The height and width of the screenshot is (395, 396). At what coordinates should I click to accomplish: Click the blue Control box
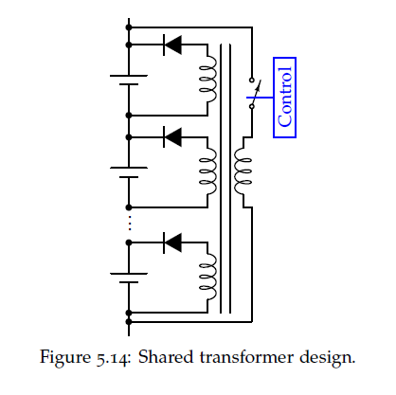tap(284, 98)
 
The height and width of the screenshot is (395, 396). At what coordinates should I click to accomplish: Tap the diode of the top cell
tap(172, 45)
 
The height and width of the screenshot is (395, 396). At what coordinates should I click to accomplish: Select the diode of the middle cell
tap(172, 137)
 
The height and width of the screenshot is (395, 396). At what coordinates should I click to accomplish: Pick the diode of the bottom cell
tap(172, 242)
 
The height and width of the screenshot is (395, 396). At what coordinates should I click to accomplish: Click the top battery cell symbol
tap(129, 80)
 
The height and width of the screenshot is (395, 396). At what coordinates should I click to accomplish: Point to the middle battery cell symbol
tap(129, 172)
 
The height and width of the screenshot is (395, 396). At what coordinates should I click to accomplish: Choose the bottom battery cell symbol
tap(129, 278)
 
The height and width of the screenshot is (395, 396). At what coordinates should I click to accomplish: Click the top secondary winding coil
tap(208, 80)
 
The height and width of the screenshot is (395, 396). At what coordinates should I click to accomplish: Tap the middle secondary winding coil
tap(208, 172)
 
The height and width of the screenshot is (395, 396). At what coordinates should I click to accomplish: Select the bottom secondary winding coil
tap(208, 278)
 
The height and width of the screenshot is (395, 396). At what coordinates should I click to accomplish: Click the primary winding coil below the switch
tap(243, 172)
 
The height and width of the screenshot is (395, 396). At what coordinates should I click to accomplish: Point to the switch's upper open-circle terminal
tap(252, 80)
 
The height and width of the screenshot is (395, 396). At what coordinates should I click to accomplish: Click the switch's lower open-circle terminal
tap(252, 106)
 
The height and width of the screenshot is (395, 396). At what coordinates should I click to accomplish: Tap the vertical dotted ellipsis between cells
tap(129, 223)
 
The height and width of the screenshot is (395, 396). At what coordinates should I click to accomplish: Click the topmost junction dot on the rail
tap(129, 27)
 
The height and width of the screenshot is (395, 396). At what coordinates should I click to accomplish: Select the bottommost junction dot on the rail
tap(129, 322)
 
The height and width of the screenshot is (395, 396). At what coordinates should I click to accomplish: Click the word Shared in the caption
tap(166, 357)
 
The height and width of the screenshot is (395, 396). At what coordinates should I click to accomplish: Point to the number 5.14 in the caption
tap(113, 358)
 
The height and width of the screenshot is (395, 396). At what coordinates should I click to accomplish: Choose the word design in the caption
tap(327, 358)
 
